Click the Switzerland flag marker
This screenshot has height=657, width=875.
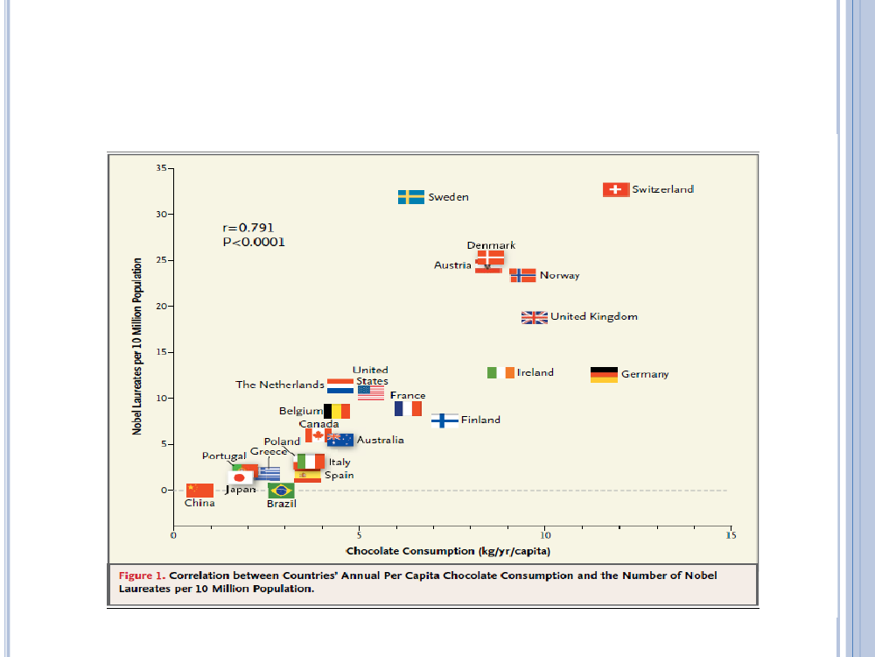616,189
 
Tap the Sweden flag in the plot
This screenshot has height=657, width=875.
411,197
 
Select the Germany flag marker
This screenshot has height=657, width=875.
604,374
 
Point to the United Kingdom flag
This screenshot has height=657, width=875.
535,317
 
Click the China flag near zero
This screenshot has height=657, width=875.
199,490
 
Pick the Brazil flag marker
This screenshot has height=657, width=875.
281,490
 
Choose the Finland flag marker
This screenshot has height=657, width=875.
445,420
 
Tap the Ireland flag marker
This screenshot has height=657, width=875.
500,372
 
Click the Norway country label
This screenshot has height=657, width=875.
559,276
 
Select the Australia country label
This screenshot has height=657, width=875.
381,440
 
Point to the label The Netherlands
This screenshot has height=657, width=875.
280,385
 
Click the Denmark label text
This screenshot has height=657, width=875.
491,245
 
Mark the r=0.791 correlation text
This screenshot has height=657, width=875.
248,228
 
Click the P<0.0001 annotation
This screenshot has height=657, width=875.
254,242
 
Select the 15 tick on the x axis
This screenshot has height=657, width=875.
730,534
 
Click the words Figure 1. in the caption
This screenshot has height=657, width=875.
142,576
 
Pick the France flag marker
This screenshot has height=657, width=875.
408,409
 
